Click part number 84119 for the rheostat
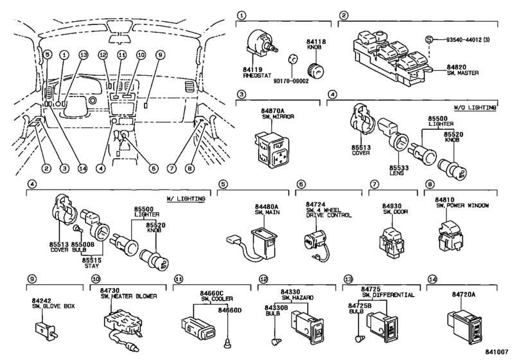[x=252, y=70]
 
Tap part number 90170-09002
[x=291, y=81]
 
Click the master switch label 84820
[x=456, y=67]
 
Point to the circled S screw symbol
[x=430, y=40]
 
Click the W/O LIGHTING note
[x=475, y=107]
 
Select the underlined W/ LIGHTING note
[x=186, y=199]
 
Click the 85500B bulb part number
[x=83, y=244]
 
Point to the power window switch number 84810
[x=445, y=200]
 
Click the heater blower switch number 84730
[x=110, y=291]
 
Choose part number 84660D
[x=229, y=310]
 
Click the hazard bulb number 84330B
[x=276, y=308]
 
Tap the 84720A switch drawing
[x=464, y=326]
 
